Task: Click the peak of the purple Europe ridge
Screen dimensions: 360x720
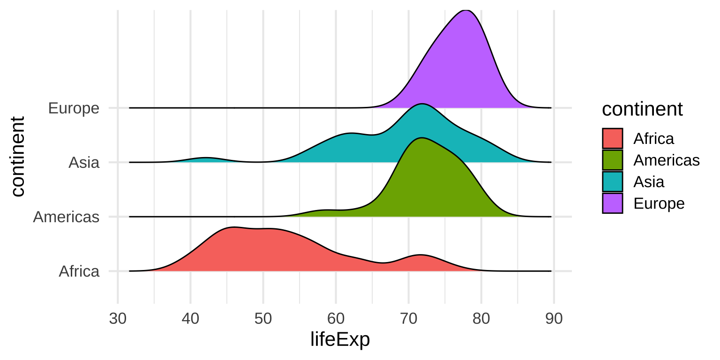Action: pyautogui.click(x=465, y=10)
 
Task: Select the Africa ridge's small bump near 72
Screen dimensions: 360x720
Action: pyautogui.click(x=420, y=255)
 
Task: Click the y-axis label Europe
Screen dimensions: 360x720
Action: pyautogui.click(x=74, y=108)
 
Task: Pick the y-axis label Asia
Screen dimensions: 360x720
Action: pyautogui.click(x=84, y=163)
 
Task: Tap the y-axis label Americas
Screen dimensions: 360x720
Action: pyautogui.click(x=66, y=217)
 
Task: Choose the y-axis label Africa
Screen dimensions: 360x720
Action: pyautogui.click(x=79, y=271)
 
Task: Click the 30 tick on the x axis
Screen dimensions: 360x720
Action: pyautogui.click(x=118, y=319)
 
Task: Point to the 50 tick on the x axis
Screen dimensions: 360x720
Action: pyautogui.click(x=263, y=319)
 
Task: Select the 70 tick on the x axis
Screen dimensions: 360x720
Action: pyautogui.click(x=408, y=319)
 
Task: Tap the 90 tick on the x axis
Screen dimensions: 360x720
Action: pyautogui.click(x=554, y=319)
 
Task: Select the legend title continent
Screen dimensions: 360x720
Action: pyautogui.click(x=642, y=109)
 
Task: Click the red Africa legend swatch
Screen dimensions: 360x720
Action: pyautogui.click(x=613, y=138)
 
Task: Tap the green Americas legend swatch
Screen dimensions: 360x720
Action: pyautogui.click(x=613, y=160)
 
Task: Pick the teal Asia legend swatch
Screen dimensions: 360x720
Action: pyautogui.click(x=613, y=181)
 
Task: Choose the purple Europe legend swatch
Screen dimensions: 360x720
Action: pyautogui.click(x=613, y=203)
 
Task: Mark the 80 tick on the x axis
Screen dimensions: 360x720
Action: pyautogui.click(x=481, y=319)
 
